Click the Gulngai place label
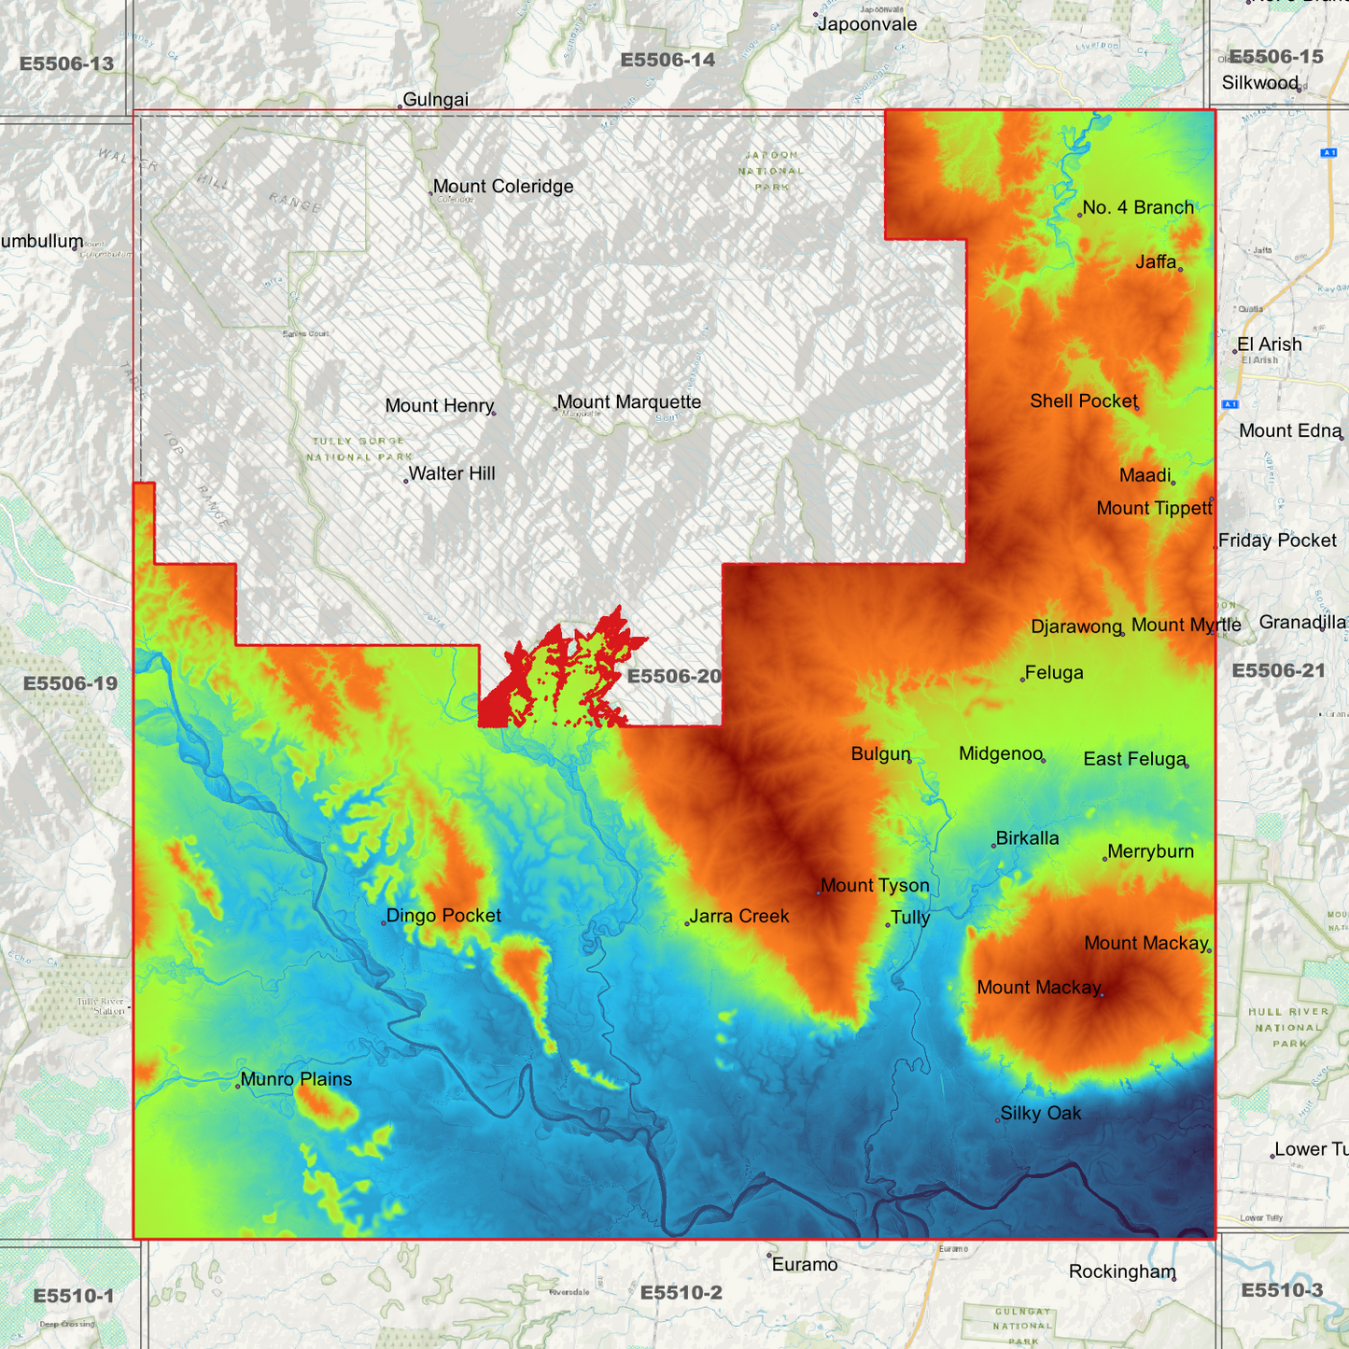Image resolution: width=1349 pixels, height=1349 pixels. [435, 100]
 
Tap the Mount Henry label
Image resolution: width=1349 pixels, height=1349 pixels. [439, 406]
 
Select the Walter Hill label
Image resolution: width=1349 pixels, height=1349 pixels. [452, 474]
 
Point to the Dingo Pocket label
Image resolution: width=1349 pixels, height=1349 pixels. [443, 916]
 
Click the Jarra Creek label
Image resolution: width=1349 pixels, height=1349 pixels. [739, 917]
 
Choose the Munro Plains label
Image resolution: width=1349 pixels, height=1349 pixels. [296, 1079]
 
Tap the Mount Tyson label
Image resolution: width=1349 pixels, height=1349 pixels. [875, 886]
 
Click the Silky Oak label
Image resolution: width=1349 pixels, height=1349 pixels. [1040, 1114]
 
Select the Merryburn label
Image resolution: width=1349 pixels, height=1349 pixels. [1150, 851]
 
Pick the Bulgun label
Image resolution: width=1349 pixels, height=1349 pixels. [880, 754]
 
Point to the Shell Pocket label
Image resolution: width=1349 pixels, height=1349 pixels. [1083, 401]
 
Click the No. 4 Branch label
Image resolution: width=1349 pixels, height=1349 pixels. [1137, 208]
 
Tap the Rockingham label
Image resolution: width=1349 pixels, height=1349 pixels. [1121, 1272]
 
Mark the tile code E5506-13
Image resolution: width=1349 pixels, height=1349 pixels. [66, 64]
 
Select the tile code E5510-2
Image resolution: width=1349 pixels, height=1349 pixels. [681, 1293]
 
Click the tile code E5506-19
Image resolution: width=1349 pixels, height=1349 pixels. [70, 683]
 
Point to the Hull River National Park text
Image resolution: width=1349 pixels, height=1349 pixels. [1288, 1028]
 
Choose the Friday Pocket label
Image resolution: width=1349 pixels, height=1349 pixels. [1277, 541]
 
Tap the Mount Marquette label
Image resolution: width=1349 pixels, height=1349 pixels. [628, 402]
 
